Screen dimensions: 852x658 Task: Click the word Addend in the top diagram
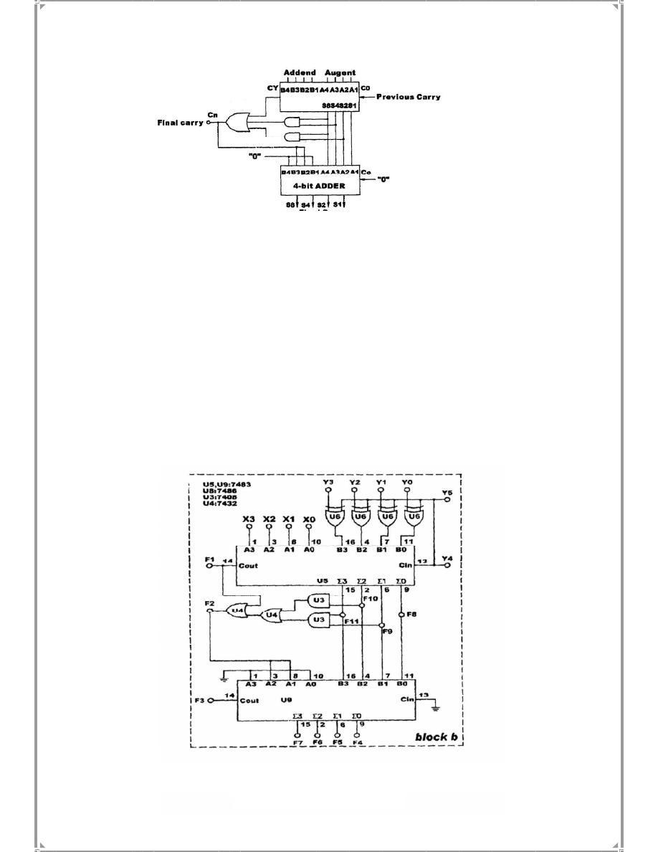pyautogui.click(x=299, y=73)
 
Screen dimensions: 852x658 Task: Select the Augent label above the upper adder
pyautogui.click(x=340, y=73)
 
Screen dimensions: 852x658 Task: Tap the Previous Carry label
pyautogui.click(x=409, y=97)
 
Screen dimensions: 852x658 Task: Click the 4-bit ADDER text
pyautogui.click(x=320, y=186)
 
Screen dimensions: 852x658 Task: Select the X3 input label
pyautogui.click(x=249, y=519)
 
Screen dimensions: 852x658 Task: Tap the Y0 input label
pyautogui.click(x=407, y=483)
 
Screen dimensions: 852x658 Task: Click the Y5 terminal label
pyautogui.click(x=447, y=493)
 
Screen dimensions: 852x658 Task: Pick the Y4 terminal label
pyautogui.click(x=447, y=557)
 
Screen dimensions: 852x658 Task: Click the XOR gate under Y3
pyautogui.click(x=334, y=516)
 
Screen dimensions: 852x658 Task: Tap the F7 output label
pyautogui.click(x=297, y=742)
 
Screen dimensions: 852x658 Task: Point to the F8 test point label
pyautogui.click(x=411, y=614)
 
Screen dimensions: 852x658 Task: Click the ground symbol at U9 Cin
pyautogui.click(x=436, y=707)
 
